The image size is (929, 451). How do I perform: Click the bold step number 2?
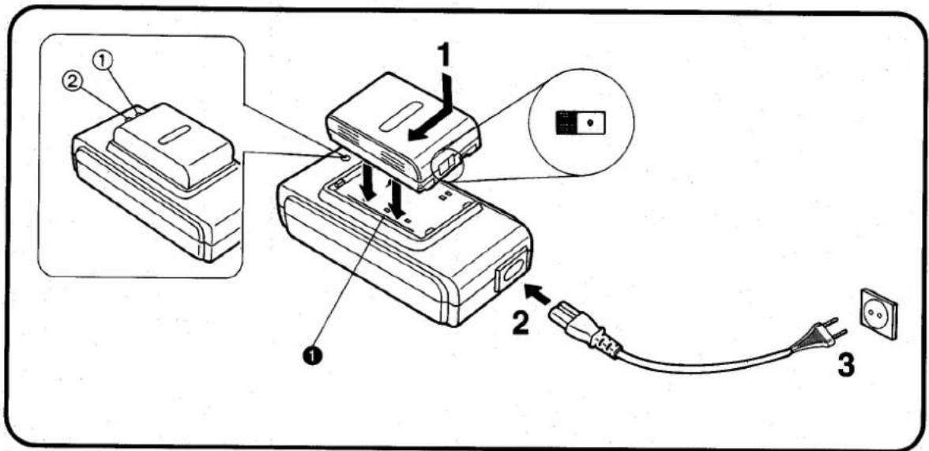pyautogui.click(x=521, y=323)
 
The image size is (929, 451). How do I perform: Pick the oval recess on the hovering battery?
pyautogui.click(x=402, y=117)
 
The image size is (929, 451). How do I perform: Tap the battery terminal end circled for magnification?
pyautogui.click(x=447, y=166)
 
